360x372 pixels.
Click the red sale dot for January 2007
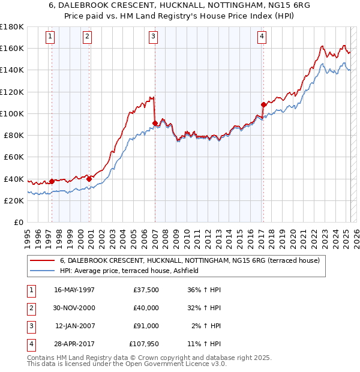pos(155,124)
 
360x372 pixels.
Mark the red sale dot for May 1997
pos(52,181)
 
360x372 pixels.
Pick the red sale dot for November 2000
pos(89,179)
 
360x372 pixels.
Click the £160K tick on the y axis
pos(13,48)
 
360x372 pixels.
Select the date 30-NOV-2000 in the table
pos(74,308)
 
